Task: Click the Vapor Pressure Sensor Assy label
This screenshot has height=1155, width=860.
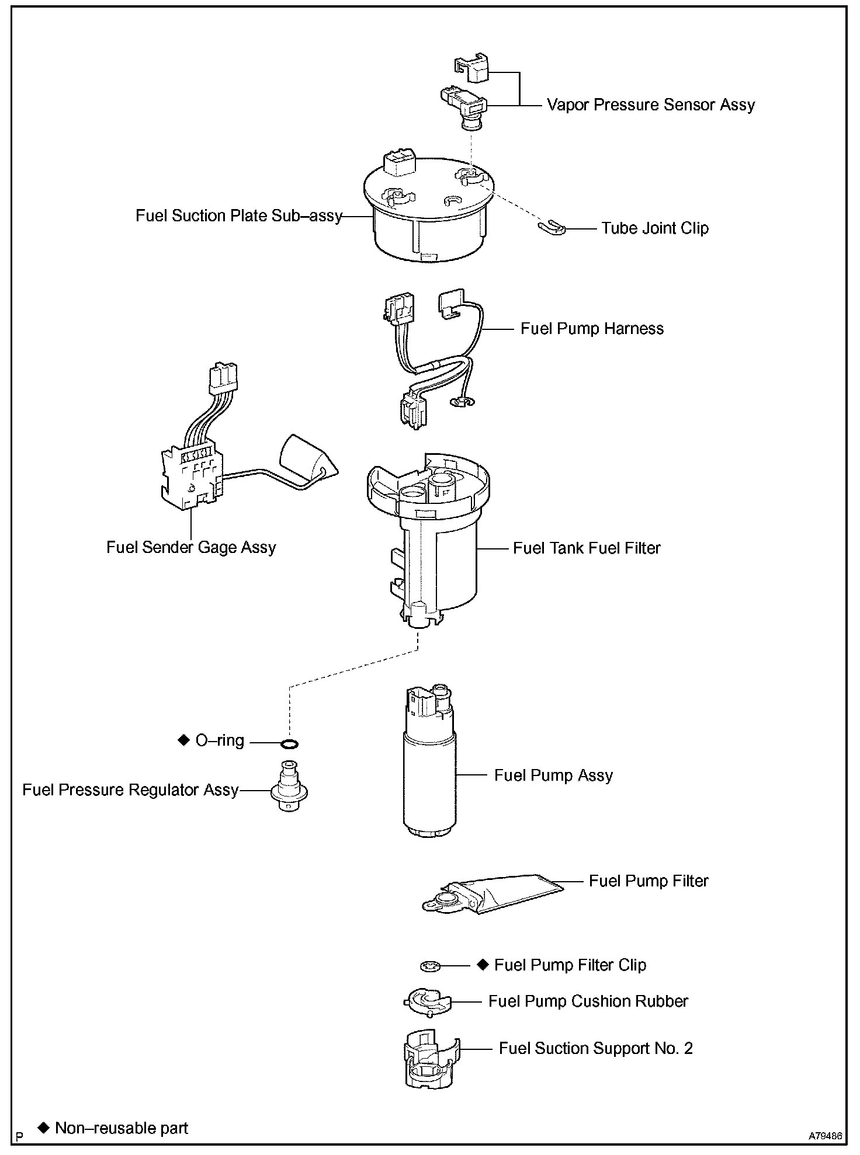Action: click(650, 105)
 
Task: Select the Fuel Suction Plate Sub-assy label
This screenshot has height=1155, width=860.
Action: click(238, 216)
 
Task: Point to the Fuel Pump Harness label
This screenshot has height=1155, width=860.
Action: click(592, 329)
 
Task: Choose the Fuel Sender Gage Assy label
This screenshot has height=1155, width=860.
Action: click(191, 548)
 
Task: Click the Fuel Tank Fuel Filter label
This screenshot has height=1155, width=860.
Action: click(587, 548)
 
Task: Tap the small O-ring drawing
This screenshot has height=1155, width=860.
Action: click(290, 743)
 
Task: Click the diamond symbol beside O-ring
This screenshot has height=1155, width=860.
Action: click(184, 740)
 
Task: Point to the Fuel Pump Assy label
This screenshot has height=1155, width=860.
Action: click(553, 775)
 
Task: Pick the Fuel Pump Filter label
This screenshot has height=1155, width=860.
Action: click(649, 881)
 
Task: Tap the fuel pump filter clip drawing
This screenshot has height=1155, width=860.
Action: click(429, 966)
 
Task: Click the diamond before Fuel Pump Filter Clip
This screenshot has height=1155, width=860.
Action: click(483, 964)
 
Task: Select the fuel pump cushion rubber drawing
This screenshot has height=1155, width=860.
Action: click(428, 1003)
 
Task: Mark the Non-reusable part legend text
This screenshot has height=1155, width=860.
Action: click(122, 1128)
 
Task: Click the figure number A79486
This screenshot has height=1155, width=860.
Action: click(826, 1136)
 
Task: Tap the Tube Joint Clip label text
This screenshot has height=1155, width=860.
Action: click(655, 228)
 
